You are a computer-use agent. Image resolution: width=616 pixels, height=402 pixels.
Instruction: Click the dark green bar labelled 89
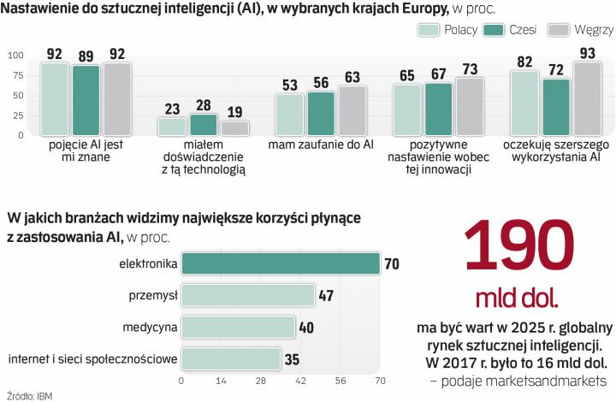pyautogui.click(x=86, y=101)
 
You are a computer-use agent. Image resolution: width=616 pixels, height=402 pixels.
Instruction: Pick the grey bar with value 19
pyautogui.click(x=234, y=128)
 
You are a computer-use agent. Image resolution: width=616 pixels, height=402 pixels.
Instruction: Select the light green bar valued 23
pyautogui.click(x=172, y=127)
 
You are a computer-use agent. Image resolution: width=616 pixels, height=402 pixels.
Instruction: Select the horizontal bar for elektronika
pyautogui.click(x=281, y=263)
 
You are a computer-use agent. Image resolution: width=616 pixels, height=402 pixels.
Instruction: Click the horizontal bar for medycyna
pyautogui.click(x=238, y=327)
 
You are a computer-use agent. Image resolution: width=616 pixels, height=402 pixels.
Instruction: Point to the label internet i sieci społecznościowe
pyautogui.click(x=92, y=359)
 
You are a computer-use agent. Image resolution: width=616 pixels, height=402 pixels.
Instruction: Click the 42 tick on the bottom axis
pyautogui.click(x=300, y=380)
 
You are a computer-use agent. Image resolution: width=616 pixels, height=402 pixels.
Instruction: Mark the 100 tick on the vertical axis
pyautogui.click(x=15, y=56)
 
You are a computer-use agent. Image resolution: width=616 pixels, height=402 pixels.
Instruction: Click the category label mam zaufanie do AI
pyautogui.click(x=321, y=145)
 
